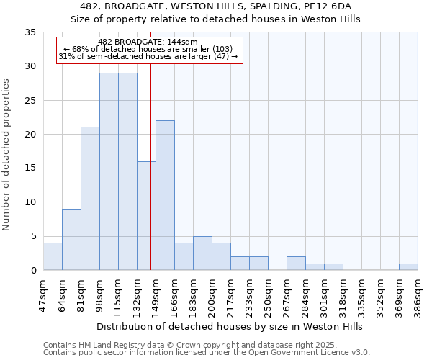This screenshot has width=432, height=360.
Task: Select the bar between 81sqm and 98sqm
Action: click(90, 199)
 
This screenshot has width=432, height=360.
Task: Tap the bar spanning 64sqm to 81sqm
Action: click(71, 239)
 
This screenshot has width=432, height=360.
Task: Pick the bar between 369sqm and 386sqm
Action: click(408, 266)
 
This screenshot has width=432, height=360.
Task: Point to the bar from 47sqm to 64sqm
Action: click(53, 256)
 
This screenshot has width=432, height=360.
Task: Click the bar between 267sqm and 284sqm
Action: click(296, 264)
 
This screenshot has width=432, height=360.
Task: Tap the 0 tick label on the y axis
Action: click(32, 271)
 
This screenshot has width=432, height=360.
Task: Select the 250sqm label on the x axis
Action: click(268, 293)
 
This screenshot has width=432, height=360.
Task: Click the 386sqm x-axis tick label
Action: click(418, 293)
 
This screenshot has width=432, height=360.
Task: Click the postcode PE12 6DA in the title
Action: click(325, 6)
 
